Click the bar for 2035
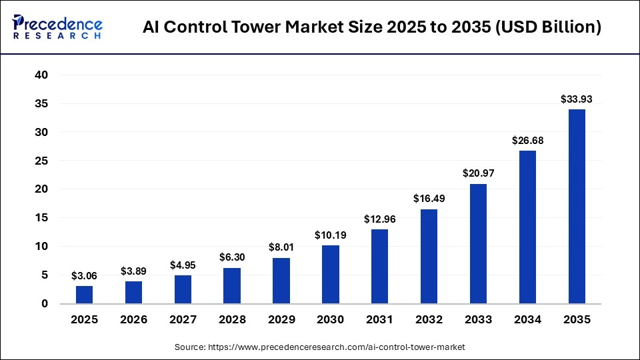[x=577, y=207]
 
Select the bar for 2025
[x=84, y=295]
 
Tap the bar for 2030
[x=330, y=275]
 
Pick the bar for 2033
[x=478, y=244]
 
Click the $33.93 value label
[x=577, y=99]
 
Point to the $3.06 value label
[x=84, y=275]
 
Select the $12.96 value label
[x=379, y=219]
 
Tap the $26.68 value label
[x=527, y=141]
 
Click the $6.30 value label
[x=231, y=257]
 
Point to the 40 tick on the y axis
[x=41, y=75]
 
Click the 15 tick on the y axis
[x=41, y=218]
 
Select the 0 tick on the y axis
[x=45, y=304]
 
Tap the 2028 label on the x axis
[x=231, y=320]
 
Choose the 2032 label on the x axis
[x=429, y=320]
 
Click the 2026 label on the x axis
[x=133, y=320]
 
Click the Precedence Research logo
[x=57, y=27]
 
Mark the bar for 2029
[x=281, y=281]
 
